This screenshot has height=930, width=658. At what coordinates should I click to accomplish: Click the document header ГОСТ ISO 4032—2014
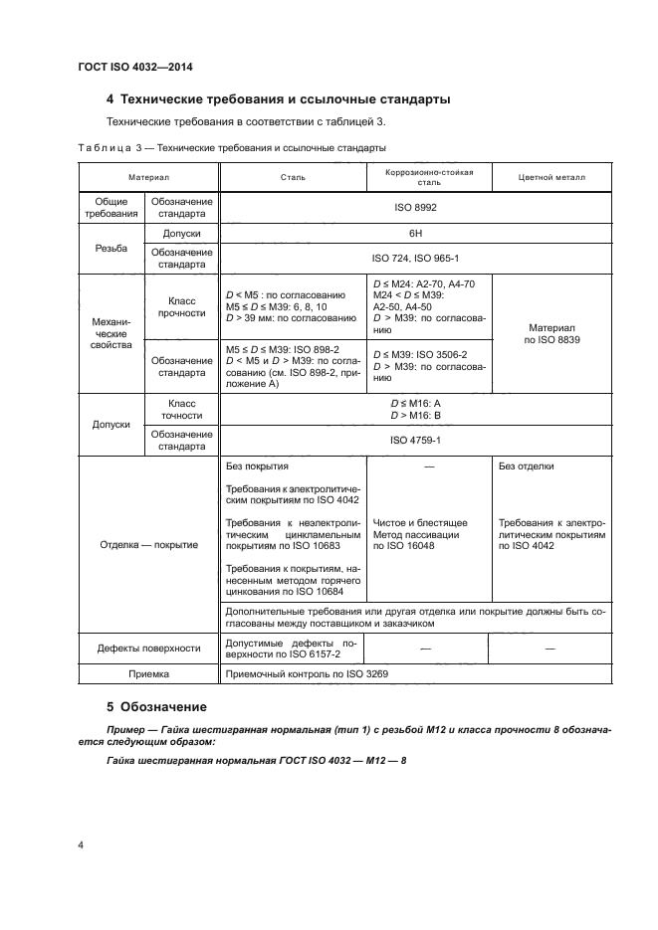pyautogui.click(x=134, y=67)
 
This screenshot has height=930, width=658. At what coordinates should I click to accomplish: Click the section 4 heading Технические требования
pyautogui.click(x=279, y=99)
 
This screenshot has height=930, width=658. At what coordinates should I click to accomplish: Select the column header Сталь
pyautogui.click(x=293, y=177)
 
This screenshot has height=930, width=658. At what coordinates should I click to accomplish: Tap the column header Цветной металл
pyautogui.click(x=552, y=177)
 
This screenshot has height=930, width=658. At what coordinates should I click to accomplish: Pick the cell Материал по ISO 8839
pyautogui.click(x=552, y=333)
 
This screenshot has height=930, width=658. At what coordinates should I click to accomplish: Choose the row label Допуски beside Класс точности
pyautogui.click(x=110, y=423)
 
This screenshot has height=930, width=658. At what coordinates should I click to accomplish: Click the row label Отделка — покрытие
pyautogui.click(x=148, y=544)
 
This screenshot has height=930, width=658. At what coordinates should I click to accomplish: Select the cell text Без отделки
pyautogui.click(x=527, y=465)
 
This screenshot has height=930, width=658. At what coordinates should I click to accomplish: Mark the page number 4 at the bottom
pyautogui.click(x=81, y=845)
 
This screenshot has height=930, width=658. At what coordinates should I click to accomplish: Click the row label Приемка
pyautogui.click(x=148, y=674)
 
